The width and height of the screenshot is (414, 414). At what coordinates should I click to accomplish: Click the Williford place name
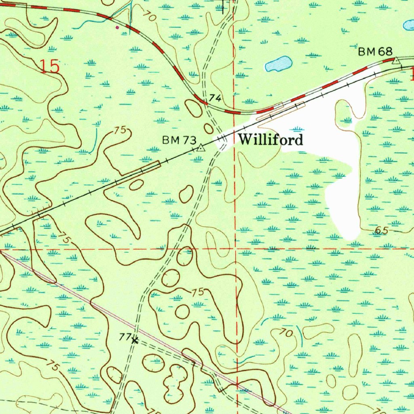click(x=270, y=140)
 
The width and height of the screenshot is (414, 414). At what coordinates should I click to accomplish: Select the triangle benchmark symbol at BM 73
click(x=201, y=148)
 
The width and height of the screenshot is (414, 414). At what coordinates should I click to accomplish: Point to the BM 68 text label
click(x=375, y=51)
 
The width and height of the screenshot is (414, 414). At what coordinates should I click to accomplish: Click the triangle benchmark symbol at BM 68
click(x=397, y=61)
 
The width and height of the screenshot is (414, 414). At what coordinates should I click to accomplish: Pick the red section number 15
click(x=50, y=66)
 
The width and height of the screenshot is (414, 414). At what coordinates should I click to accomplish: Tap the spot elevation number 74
click(x=215, y=98)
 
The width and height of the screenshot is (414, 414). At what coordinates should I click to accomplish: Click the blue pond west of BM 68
click(x=278, y=64)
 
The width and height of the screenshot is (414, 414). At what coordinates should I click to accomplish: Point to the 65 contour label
click(x=381, y=230)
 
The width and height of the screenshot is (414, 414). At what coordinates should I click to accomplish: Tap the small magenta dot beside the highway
click(x=118, y=27)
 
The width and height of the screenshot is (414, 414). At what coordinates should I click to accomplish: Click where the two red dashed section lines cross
click(x=236, y=249)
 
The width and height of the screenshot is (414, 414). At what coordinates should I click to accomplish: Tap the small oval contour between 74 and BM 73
click(x=209, y=129)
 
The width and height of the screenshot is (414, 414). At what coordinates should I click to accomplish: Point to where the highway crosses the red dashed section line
click(x=234, y=112)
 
